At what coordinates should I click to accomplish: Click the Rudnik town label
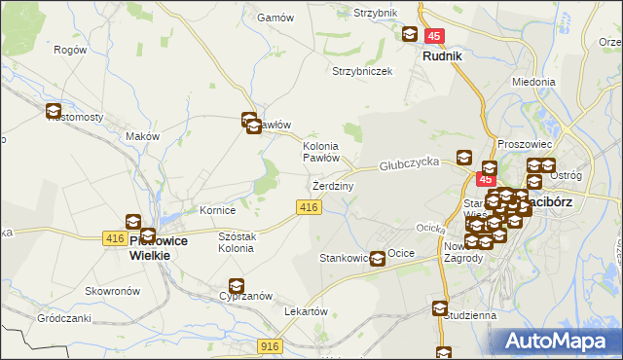pos(442,56)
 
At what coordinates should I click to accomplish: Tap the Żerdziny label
pos(333,185)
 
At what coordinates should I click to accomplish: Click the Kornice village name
pos(218,209)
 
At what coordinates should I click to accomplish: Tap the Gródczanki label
pos(63,318)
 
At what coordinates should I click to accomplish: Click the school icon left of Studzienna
pos(440,308)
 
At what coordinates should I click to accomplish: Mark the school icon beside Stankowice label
pos(377,258)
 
